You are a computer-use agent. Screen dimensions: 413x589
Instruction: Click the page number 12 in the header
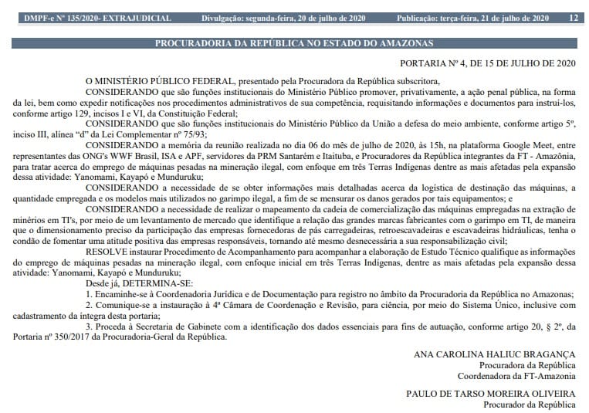coord(573,17)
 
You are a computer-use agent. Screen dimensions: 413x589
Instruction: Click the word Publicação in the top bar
coord(421,17)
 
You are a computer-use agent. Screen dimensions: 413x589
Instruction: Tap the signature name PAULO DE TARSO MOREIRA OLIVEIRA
coord(491,393)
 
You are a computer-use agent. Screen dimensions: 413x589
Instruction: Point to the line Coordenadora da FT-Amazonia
coord(517,376)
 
